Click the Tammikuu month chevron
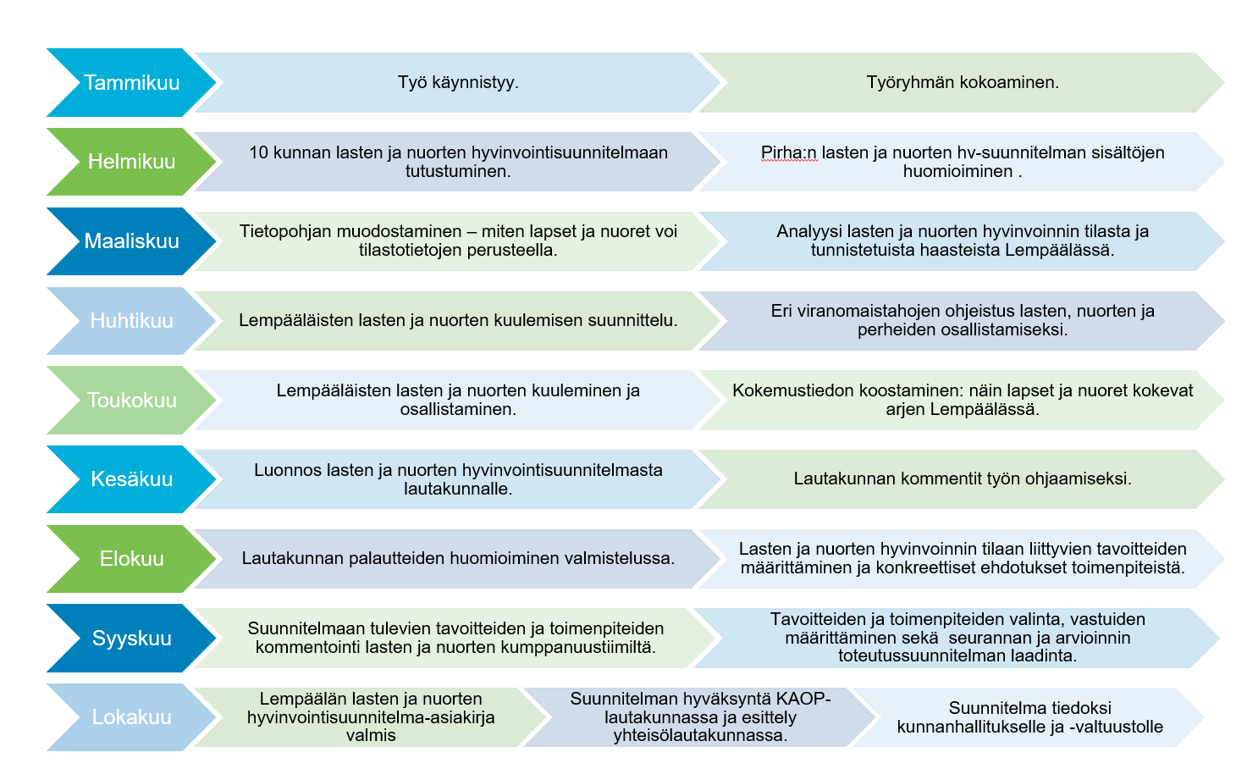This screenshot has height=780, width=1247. coord(131,83)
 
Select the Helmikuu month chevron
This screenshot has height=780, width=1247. coord(131,162)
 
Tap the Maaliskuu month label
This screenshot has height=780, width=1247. coord(131,241)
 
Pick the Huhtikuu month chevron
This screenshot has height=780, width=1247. coord(131,321)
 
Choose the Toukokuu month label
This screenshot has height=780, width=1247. coord(131,401)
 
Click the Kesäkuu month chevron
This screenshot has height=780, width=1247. coord(131,479)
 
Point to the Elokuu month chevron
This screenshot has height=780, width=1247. coord(131,559)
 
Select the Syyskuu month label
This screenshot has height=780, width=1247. coord(131,639)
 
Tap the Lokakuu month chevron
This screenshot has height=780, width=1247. coord(131,717)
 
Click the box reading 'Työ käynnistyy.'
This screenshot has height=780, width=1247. coord(458,83)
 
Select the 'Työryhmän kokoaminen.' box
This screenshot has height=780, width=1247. coord(962,83)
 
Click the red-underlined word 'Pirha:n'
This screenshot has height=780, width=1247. coord(789,153)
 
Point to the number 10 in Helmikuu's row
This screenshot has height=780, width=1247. coord(258,153)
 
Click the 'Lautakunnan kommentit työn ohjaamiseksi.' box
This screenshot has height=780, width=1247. coord(962,479)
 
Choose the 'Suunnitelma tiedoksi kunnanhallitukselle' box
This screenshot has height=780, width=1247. coord(1029,717)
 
